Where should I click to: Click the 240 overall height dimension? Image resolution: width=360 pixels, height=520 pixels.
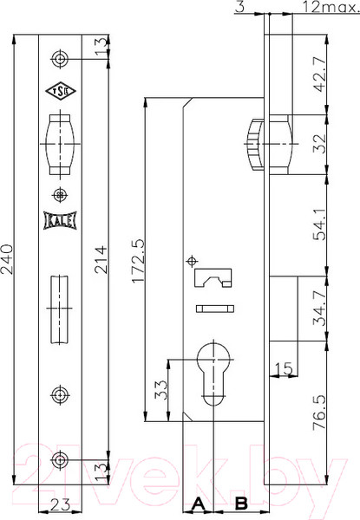coord(9,258)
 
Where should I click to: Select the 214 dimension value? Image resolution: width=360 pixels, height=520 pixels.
coord(101,258)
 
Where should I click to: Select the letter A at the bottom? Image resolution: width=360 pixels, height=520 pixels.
coord(198,503)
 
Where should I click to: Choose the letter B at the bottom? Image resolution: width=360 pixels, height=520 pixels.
coord(241,503)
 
